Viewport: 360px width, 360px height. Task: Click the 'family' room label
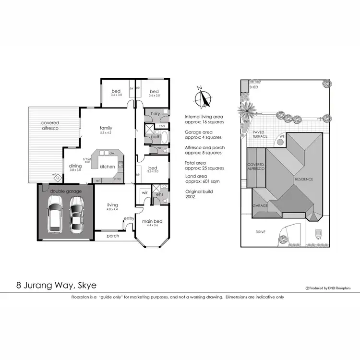pyautogui.click(x=106, y=128)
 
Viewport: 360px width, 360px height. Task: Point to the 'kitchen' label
pyautogui.click(x=107, y=166)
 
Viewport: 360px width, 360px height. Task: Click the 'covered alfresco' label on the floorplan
pyautogui.click(x=50, y=126)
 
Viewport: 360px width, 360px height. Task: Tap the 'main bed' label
pyautogui.click(x=152, y=222)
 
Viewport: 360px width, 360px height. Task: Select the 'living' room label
pyautogui.click(x=112, y=205)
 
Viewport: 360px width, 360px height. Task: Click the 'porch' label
pyautogui.click(x=113, y=236)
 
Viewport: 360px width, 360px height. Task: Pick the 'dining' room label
pyautogui.click(x=75, y=166)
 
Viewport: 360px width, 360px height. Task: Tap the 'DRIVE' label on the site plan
pyautogui.click(x=260, y=232)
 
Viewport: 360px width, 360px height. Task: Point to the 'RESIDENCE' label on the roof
pyautogui.click(x=304, y=179)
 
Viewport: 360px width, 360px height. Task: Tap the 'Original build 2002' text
pyautogui.click(x=198, y=194)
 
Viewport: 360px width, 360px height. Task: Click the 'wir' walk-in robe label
pyautogui.click(x=144, y=192)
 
